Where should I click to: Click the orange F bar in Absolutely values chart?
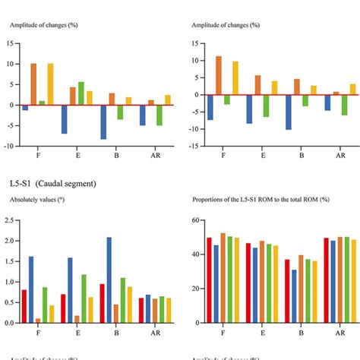coord(38,321)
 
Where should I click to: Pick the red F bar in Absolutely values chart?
coord(24,306)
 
